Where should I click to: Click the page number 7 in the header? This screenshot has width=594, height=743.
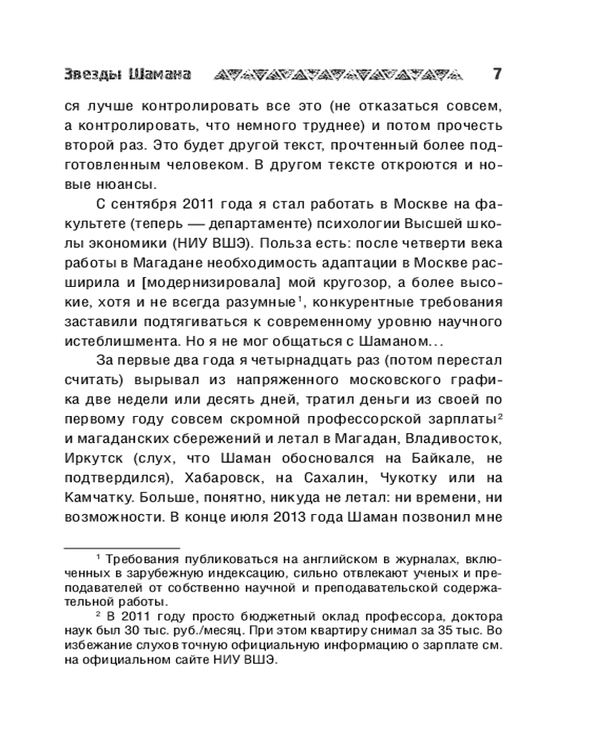497,74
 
